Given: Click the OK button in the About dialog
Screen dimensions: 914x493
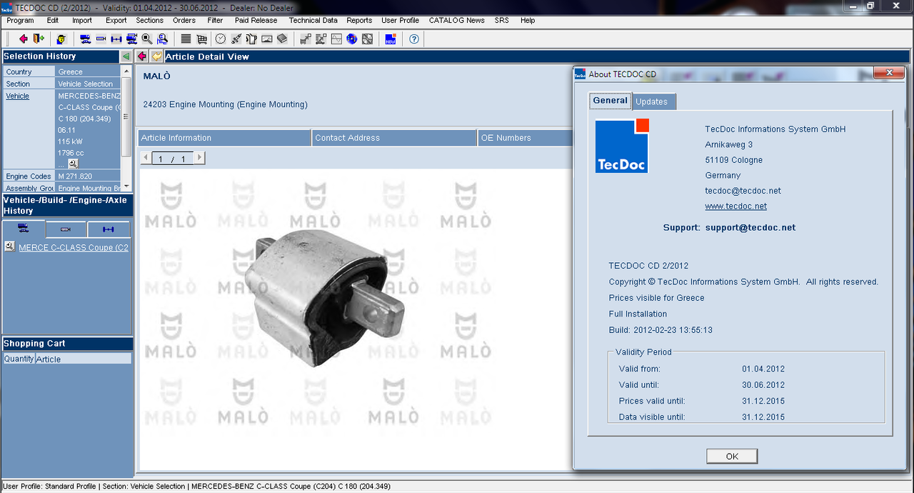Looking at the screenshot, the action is pyautogui.click(x=732, y=457).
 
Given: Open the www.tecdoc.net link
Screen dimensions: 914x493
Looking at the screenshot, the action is pyautogui.click(x=735, y=206).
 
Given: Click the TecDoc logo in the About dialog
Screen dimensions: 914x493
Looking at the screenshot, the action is pyautogui.click(x=622, y=146).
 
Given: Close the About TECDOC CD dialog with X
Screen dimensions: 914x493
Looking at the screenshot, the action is pyautogui.click(x=890, y=73).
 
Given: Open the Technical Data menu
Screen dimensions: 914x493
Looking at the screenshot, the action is pyautogui.click(x=313, y=21).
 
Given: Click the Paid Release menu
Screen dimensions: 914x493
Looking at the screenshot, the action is pyautogui.click(x=256, y=21).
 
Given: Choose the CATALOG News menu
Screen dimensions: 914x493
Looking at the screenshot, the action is pyautogui.click(x=456, y=21).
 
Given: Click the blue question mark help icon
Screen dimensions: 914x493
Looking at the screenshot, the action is pyautogui.click(x=413, y=39).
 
